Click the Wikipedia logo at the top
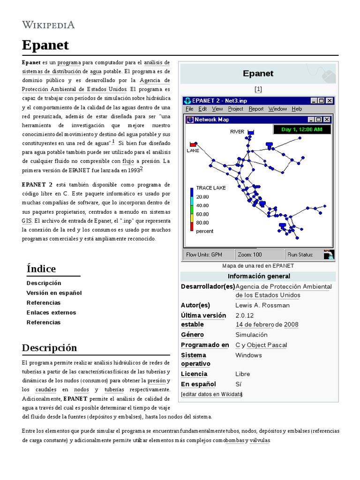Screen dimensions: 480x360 point(48,24)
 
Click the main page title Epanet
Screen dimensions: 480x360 point(45,45)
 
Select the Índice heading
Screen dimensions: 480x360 point(41,269)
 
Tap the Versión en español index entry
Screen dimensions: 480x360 point(54,293)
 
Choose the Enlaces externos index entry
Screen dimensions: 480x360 point(51,313)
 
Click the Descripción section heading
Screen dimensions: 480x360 point(49,348)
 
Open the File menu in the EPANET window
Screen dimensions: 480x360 point(189,109)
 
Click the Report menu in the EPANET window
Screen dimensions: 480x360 point(256,109)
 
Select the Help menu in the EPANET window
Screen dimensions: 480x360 point(297,109)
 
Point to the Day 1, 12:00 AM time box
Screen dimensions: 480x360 point(302,129)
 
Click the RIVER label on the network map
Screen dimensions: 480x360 point(237,132)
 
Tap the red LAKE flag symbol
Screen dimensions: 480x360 point(193,144)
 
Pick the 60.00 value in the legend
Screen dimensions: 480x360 point(202,214)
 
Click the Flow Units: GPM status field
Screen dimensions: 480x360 point(204,255)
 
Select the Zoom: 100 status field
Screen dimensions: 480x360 point(250,255)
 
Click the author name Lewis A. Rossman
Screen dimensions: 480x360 point(262,305)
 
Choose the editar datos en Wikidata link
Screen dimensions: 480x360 point(211,394)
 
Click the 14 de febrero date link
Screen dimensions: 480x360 point(255,324)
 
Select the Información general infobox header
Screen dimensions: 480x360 point(259,276)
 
